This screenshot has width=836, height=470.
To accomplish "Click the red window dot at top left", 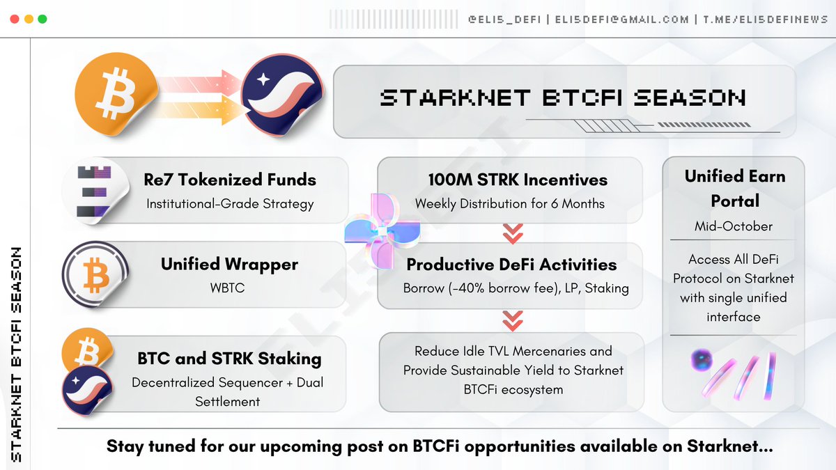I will [15, 19].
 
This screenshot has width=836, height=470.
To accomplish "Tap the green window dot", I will [42, 19].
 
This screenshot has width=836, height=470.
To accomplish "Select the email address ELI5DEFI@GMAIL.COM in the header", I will [622, 19].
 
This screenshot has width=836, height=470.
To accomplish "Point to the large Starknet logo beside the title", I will [282, 97].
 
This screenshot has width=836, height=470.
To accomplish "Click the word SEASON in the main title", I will [690, 97].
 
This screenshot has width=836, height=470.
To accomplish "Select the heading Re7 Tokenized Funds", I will [230, 180].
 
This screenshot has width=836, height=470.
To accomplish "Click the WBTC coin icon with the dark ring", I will [95, 272].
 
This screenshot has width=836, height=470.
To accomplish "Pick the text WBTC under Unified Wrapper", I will [230, 288].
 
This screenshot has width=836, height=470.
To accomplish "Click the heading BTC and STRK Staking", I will [229, 359].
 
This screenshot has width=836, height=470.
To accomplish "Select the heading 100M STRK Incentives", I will [518, 180].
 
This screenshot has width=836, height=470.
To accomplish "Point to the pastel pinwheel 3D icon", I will [382, 230].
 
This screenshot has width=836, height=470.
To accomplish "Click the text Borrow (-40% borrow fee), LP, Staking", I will [516, 288].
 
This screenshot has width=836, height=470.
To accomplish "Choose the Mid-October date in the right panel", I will [734, 226].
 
